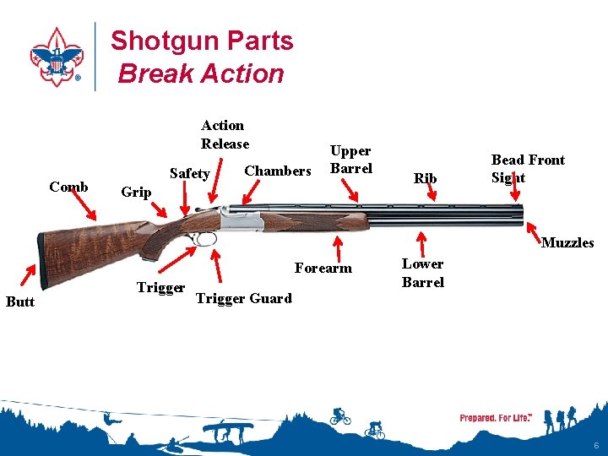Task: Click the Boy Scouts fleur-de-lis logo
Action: pyautogui.click(x=57, y=57)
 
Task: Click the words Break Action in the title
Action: pyautogui.click(x=201, y=73)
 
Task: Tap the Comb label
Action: pyautogui.click(x=68, y=187)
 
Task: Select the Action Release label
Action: pyautogui.click(x=224, y=134)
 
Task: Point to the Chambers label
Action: pyautogui.click(x=277, y=171)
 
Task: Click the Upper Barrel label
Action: pyautogui.click(x=350, y=159)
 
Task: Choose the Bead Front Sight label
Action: pyautogui.click(x=527, y=168)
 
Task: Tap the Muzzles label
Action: pyautogui.click(x=567, y=242)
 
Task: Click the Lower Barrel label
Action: pyautogui.click(x=422, y=273)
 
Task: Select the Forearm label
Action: pyautogui.click(x=323, y=269)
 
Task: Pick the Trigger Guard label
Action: pyautogui.click(x=243, y=298)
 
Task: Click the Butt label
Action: pyautogui.click(x=20, y=301)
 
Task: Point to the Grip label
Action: pyautogui.click(x=136, y=192)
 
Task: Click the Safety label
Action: pyautogui.click(x=190, y=173)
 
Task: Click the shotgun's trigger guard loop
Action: pyautogui.click(x=204, y=239)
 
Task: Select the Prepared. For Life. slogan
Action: pyautogui.click(x=496, y=418)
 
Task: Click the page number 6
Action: pyautogui.click(x=596, y=445)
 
